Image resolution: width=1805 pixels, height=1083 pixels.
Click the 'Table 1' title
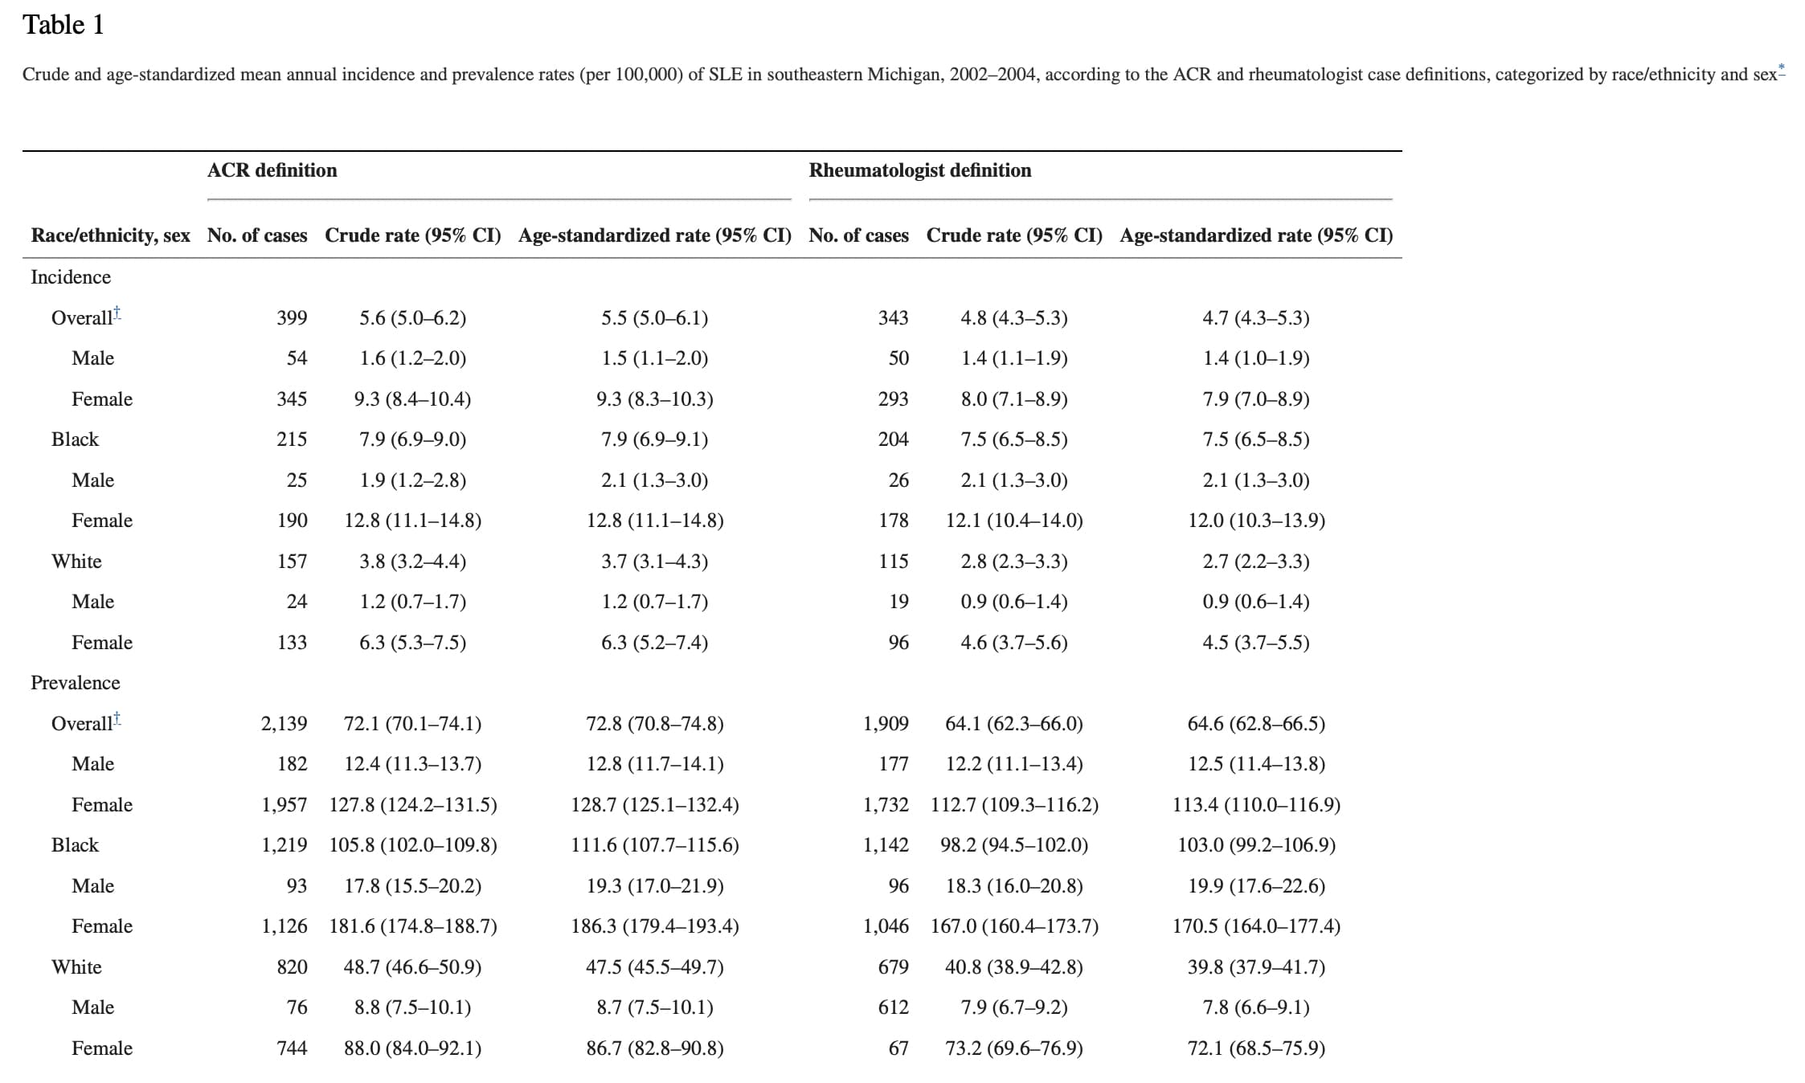(x=63, y=25)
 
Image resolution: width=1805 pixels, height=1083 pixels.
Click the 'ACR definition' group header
(x=272, y=170)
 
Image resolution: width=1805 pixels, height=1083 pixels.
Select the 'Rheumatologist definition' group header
(x=920, y=170)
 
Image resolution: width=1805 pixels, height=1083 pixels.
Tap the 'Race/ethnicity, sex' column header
(x=111, y=235)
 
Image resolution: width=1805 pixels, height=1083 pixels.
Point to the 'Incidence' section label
(x=71, y=277)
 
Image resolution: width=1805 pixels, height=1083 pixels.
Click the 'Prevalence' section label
(x=76, y=683)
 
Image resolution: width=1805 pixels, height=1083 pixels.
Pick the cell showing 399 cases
(x=292, y=318)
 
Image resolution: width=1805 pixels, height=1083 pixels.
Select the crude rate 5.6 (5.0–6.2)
(x=413, y=318)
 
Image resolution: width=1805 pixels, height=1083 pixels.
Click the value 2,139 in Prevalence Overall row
(x=284, y=724)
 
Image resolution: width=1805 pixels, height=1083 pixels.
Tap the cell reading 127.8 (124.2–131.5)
(x=413, y=805)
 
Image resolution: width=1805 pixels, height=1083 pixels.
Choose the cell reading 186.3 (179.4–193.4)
(x=655, y=926)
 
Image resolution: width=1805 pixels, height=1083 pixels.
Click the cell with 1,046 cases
(x=886, y=926)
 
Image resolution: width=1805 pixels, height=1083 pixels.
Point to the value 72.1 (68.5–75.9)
(x=1256, y=1048)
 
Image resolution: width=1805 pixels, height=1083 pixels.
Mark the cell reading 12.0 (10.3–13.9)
(x=1256, y=521)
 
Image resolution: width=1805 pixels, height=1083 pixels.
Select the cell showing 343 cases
(x=894, y=318)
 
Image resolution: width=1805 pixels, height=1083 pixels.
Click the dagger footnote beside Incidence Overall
(x=117, y=313)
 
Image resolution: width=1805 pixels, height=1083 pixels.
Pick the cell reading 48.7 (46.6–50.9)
(x=413, y=967)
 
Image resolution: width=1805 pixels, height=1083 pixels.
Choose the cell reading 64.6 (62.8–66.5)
(x=1256, y=724)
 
